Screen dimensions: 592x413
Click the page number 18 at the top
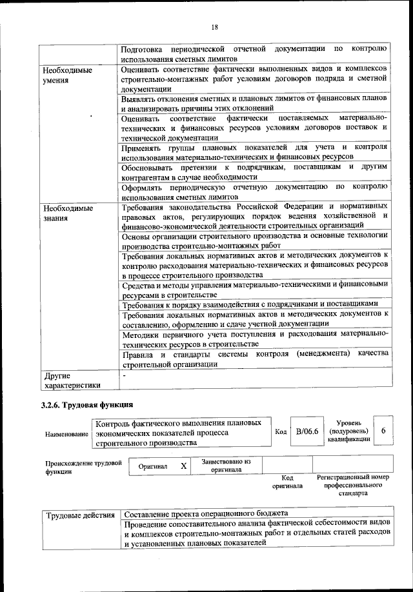pos(215,26)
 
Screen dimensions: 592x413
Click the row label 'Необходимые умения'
pos(67,74)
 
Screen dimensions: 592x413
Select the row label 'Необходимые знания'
pos(67,213)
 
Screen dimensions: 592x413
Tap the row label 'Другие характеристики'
pos(72,380)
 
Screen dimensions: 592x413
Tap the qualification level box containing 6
pos(383,431)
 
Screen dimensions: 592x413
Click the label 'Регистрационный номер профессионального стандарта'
pos(352,485)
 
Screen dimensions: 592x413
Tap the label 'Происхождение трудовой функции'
pos(83,467)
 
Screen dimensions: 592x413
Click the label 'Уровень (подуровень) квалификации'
pos(348,430)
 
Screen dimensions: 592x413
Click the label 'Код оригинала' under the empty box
pos(288,481)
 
